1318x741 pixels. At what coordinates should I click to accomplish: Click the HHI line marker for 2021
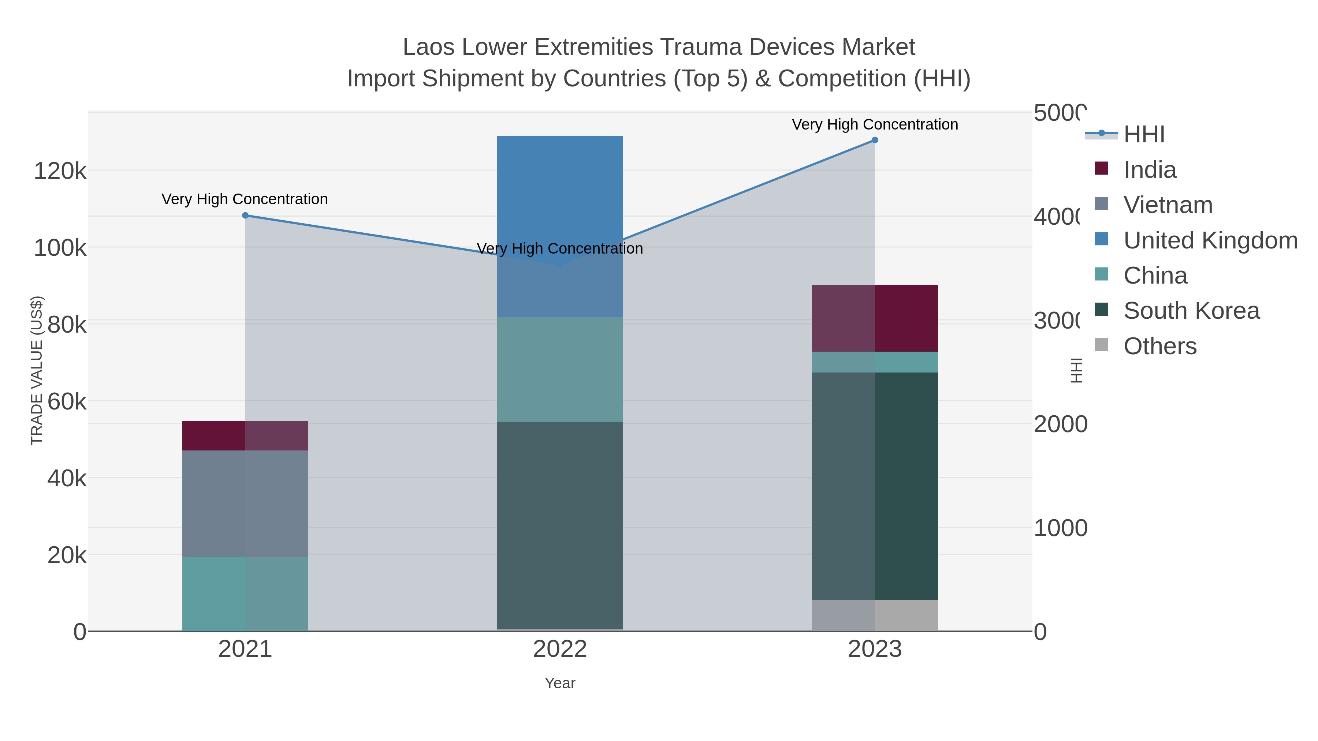click(x=245, y=215)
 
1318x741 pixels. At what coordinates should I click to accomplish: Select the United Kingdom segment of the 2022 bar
click(x=560, y=205)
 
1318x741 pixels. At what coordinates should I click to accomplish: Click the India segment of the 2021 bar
click(x=245, y=436)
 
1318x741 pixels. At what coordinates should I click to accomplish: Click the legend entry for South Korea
click(x=1191, y=310)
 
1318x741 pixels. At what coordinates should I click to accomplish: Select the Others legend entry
click(x=1160, y=346)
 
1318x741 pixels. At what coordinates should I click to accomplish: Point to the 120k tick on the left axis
click(x=60, y=171)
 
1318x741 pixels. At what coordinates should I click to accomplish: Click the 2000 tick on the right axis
click(x=1060, y=424)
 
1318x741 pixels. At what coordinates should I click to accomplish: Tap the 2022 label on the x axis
click(x=560, y=649)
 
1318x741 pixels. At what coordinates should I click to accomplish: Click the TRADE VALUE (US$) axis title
click(x=37, y=370)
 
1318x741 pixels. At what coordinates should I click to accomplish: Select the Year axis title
click(x=560, y=683)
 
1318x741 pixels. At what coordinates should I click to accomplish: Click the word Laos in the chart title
click(x=429, y=47)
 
